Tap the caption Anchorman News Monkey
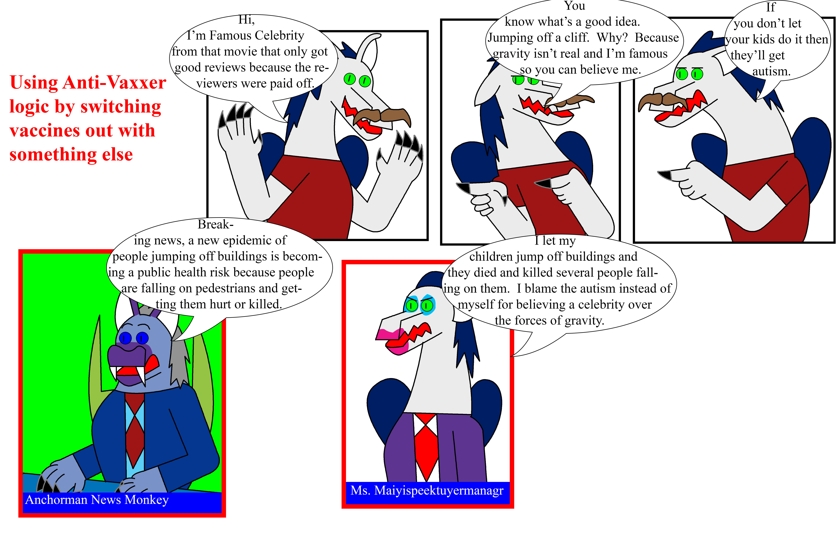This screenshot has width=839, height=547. click(x=97, y=500)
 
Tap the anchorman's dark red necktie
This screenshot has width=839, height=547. click(x=135, y=430)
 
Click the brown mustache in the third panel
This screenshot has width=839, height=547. click(x=663, y=101)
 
